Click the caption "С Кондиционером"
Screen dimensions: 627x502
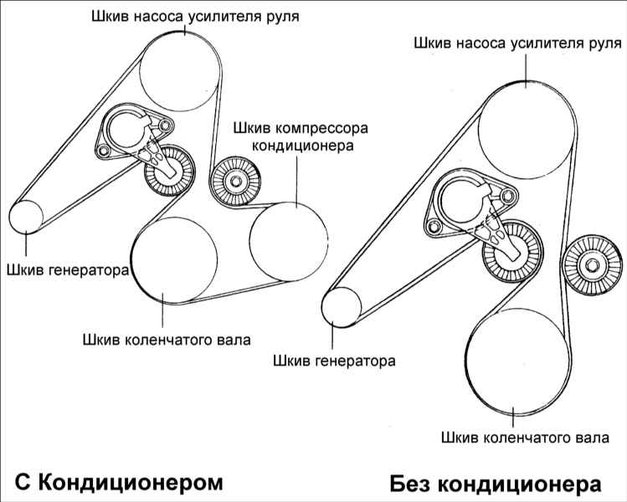pos(119,482)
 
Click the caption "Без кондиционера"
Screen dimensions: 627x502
pos(496,484)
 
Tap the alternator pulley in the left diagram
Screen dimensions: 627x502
pos(26,217)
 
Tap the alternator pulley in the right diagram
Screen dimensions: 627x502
pos(342,307)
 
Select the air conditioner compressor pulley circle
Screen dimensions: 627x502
pos(288,242)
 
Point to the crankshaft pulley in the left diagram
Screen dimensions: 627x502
pos(174,260)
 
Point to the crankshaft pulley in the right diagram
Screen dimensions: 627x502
pos(518,361)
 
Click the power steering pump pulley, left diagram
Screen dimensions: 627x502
pos(179,72)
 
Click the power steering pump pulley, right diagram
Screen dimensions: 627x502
pos(527,130)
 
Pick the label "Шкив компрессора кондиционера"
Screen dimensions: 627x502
pos(301,136)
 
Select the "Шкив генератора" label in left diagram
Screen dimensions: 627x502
pos(68,269)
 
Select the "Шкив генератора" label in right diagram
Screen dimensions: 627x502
pos(334,361)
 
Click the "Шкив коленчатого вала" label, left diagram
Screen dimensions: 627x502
pos(167,340)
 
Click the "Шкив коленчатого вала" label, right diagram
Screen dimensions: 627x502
pos(525,438)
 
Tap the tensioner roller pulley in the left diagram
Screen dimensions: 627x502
pos(170,171)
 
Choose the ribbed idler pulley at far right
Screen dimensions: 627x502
pos(592,265)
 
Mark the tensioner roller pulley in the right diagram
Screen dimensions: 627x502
pos(512,251)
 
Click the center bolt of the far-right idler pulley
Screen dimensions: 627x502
pos(592,265)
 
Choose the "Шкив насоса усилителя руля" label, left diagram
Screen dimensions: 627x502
pos(195,17)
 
